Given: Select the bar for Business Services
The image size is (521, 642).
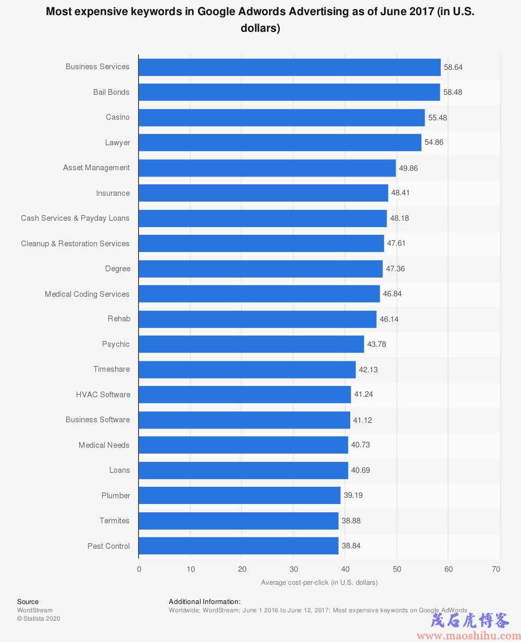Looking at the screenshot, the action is (x=290, y=67).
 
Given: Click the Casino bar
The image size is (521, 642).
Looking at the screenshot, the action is (x=282, y=118).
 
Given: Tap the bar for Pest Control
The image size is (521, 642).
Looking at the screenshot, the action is (x=239, y=546).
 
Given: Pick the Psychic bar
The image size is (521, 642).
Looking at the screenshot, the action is (x=251, y=344).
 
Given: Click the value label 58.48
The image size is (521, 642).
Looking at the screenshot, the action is (x=453, y=92).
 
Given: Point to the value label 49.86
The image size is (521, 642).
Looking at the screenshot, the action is (x=408, y=168).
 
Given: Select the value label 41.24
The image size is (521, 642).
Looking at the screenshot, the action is (x=363, y=394).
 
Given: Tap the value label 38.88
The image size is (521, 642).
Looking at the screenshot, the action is (x=351, y=521).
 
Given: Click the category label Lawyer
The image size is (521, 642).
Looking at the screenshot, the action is (x=118, y=143).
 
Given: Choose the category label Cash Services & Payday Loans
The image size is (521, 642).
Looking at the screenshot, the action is (x=75, y=218).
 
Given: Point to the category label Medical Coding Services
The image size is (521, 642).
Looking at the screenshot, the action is (x=87, y=294).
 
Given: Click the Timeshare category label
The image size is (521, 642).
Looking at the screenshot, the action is (x=111, y=369).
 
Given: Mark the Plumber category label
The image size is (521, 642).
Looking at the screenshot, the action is (x=116, y=495).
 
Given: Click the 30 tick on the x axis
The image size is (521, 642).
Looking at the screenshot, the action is (x=294, y=569).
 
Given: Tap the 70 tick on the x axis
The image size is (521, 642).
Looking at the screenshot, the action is (x=496, y=569).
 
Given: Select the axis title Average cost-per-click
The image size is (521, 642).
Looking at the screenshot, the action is (x=294, y=582).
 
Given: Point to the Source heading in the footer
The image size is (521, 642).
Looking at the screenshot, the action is (x=28, y=601).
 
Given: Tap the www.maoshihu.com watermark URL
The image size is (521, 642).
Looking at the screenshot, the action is (x=469, y=636).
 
